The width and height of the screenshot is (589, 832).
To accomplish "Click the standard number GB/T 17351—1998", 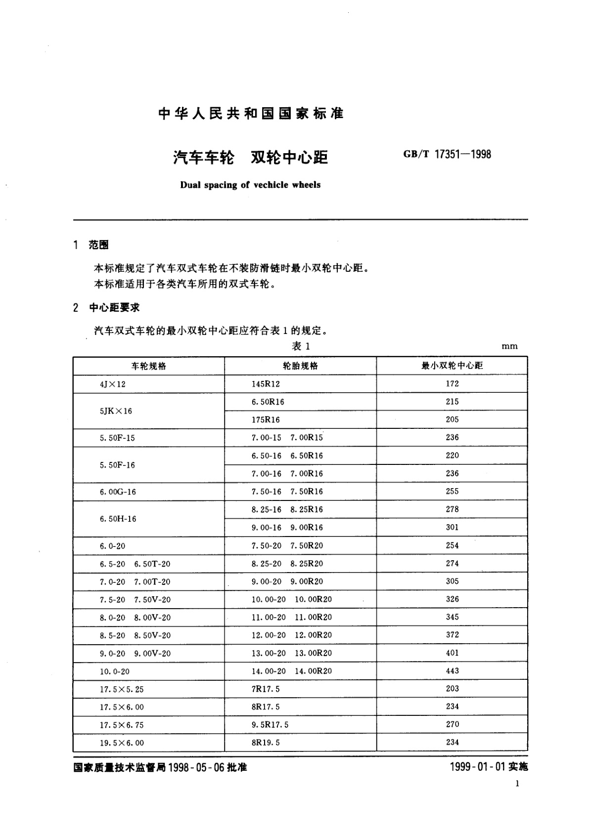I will pyautogui.click(x=447, y=154).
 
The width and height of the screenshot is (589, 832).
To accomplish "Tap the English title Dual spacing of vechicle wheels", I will pyautogui.click(x=250, y=185).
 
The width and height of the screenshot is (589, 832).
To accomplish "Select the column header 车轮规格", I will pyautogui.click(x=148, y=366).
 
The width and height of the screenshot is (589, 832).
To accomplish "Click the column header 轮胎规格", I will pyautogui.click(x=300, y=366).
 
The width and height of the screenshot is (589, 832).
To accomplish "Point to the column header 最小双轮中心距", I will pyautogui.click(x=452, y=366).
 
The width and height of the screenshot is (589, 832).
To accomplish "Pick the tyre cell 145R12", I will pyautogui.click(x=266, y=384).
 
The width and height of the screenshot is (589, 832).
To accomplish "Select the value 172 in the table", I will pyautogui.click(x=452, y=383).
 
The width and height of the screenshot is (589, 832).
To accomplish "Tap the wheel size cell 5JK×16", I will pyautogui.click(x=116, y=411).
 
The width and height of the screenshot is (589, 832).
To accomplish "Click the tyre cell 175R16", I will pyautogui.click(x=266, y=419).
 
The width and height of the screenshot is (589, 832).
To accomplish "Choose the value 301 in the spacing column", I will pyautogui.click(x=452, y=527).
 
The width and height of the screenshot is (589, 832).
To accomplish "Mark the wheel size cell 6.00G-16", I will pyautogui.click(x=118, y=492).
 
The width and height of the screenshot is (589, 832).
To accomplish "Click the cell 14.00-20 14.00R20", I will pyautogui.click(x=292, y=671).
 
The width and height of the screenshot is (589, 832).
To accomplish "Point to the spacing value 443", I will pyautogui.click(x=452, y=671).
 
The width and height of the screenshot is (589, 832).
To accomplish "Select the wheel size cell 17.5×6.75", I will pyautogui.click(x=122, y=725).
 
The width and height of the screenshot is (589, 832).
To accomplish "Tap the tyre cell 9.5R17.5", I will pyautogui.click(x=270, y=725).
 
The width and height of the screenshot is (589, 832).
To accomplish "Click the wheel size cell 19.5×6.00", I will pyautogui.click(x=122, y=743).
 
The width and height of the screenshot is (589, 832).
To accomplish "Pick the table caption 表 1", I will pyautogui.click(x=301, y=346).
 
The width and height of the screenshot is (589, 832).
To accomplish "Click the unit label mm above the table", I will pyautogui.click(x=509, y=346).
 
